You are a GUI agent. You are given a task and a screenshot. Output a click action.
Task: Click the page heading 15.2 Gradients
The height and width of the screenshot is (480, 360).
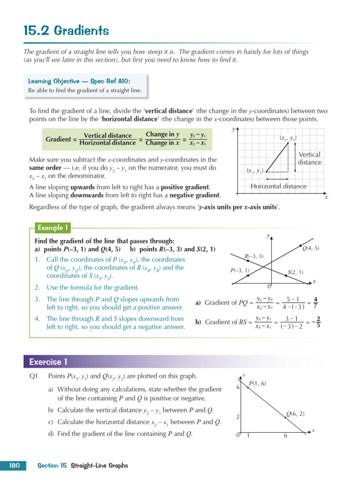coord(66,31)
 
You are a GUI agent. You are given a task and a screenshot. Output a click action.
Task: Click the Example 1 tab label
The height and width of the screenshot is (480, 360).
coord(53,228)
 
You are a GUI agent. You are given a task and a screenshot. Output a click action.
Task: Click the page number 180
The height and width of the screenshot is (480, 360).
coord(14,465)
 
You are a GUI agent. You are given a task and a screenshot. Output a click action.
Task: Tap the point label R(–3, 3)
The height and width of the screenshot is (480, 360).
coord(254,256)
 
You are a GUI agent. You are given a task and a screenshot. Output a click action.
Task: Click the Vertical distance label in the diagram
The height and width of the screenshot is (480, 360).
coord(309,158)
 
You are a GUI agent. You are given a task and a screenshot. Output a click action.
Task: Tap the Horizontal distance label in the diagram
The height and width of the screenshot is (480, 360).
coord(278,186)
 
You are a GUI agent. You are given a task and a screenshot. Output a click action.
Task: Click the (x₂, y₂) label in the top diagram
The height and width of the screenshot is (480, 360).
coord(288,138)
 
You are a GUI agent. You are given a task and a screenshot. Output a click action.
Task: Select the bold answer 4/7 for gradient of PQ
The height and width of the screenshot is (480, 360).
coord(316,302)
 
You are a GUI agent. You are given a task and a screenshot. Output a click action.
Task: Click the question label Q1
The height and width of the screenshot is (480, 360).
coord(33,376)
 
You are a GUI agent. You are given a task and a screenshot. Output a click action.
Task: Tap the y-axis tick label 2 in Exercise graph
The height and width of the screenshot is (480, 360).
coord(238,417)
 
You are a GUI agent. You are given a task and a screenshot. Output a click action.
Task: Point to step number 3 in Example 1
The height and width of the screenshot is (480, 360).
coord(37,299)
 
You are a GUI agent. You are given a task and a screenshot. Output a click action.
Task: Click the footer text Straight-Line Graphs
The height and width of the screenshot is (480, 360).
coord(99,465)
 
